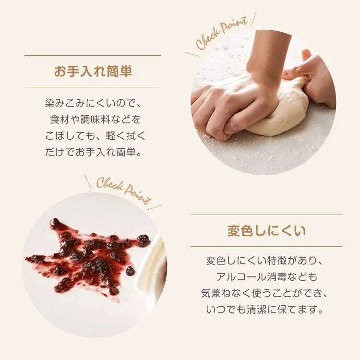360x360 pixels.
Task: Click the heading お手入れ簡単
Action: (x=93, y=71)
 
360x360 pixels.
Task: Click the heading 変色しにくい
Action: (x=266, y=231)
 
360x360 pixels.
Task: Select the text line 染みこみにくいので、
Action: (x=93, y=103)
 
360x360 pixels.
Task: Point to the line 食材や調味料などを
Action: (x=96, y=120)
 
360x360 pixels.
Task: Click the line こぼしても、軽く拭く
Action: (x=96, y=136)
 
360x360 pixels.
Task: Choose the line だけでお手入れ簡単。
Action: (x=94, y=152)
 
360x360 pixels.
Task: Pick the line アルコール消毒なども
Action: (x=266, y=277)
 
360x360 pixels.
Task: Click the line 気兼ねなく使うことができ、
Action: (x=264, y=293)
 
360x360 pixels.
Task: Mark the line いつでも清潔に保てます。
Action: (x=264, y=310)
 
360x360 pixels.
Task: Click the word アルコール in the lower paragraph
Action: (x=240, y=277)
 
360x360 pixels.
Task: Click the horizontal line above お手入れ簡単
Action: (x=93, y=55)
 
